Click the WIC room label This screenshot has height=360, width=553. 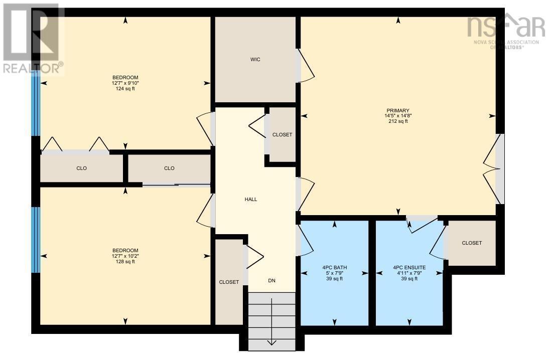coord(255,60)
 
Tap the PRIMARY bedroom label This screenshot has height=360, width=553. coord(398,111)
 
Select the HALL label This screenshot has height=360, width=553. coord(251,199)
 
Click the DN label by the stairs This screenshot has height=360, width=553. coord(271,281)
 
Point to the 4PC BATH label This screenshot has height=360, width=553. coord(334,268)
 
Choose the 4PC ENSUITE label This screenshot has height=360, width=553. coord(409,268)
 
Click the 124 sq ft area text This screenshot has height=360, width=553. coord(125,89)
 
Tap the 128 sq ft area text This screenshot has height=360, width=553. coord(125,262)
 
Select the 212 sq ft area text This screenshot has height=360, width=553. coord(398,121)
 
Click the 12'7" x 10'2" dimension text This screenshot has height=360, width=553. coord(125,256)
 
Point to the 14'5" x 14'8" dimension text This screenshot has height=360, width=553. coord(398,116)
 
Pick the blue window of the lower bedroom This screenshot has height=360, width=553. coord(35,240)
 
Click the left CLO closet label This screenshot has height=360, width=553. coord(81,168)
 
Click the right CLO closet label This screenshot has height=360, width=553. coord(169,168)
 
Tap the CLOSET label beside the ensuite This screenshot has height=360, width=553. coord(472,243)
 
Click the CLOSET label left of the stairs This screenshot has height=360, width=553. coord(229,282)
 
